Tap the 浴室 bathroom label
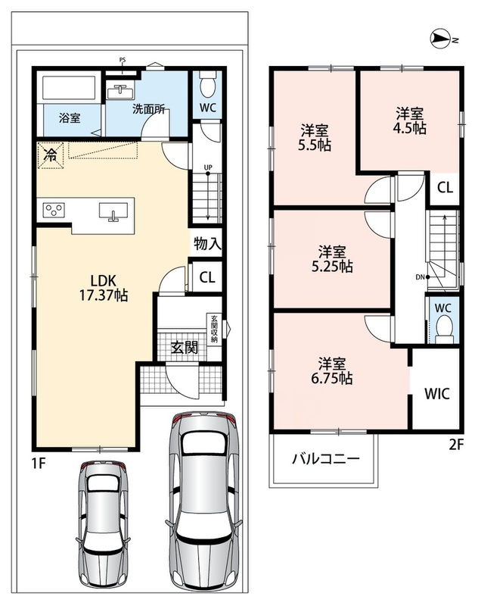point(70,118)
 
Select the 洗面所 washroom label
point(149,109)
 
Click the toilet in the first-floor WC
point(207,86)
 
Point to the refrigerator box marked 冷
point(50,155)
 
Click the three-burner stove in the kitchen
point(54,211)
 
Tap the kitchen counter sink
point(113,212)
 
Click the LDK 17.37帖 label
point(104,288)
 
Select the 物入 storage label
point(207,243)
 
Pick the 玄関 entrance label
point(185,348)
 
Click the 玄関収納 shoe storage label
point(215,329)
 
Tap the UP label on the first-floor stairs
point(208,167)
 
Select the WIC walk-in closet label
point(437,394)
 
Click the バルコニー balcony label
point(326,459)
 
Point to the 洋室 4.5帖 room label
point(409,121)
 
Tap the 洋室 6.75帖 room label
point(332,371)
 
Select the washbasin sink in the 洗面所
point(120,92)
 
